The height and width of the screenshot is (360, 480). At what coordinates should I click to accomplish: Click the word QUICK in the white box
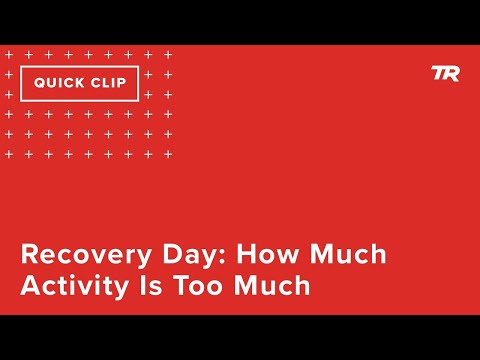point(60,83)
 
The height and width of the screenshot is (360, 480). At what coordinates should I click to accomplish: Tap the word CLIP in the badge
point(109,83)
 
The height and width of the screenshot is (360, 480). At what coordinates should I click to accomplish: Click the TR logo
point(445,73)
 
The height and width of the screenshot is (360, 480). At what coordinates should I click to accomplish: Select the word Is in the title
point(149,285)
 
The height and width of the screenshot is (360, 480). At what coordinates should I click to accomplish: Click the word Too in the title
point(197,285)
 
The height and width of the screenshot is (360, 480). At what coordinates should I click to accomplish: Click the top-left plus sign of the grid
point(9,54)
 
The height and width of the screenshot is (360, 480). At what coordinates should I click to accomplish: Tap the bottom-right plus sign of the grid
point(168,154)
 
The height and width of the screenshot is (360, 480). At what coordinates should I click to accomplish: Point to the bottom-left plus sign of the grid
point(9,154)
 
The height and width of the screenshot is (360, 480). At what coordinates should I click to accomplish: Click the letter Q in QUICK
point(39,83)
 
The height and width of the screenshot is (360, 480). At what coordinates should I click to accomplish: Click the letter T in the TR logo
point(438,73)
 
